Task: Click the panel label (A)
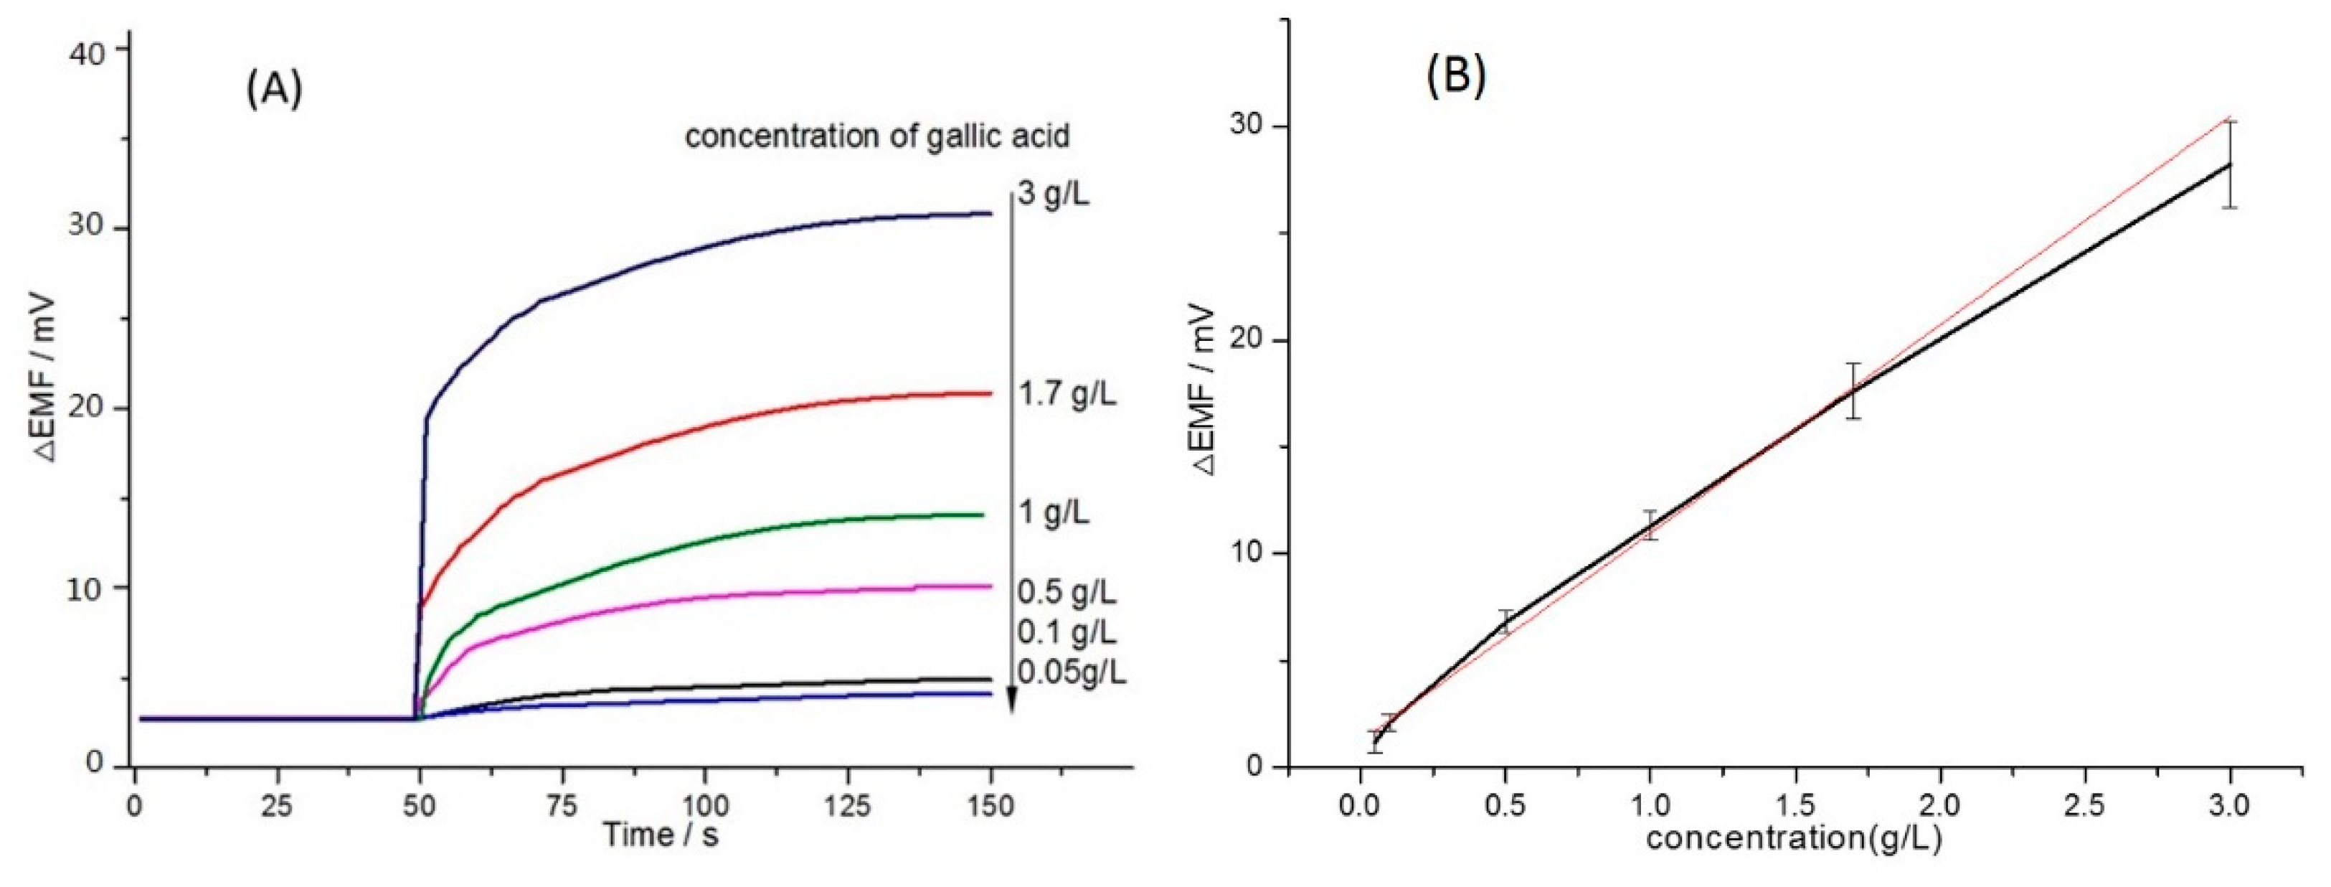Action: tap(274, 90)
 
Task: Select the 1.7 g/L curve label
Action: tap(1067, 395)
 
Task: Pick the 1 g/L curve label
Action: tap(1054, 513)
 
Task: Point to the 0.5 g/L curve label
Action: tap(1067, 592)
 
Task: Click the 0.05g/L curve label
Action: tap(1072, 672)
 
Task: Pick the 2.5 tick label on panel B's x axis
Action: tap(2085, 804)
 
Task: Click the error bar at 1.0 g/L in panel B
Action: tap(1650, 525)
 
